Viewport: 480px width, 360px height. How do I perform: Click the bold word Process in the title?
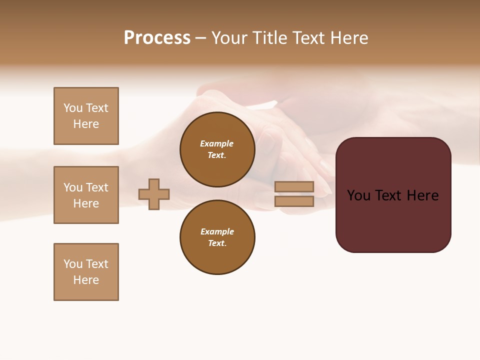pyautogui.click(x=157, y=38)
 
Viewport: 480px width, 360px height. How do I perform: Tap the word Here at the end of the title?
pyautogui.click(x=348, y=38)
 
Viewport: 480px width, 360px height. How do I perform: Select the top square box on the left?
pyautogui.click(x=86, y=116)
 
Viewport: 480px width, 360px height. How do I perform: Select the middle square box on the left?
pyautogui.click(x=86, y=195)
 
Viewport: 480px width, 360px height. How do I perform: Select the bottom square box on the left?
pyautogui.click(x=86, y=272)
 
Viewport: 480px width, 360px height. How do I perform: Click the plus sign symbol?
pyautogui.click(x=154, y=194)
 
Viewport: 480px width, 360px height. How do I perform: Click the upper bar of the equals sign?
pyautogui.click(x=294, y=186)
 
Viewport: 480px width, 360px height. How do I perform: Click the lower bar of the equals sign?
pyautogui.click(x=294, y=201)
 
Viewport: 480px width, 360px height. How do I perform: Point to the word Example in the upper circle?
pyautogui.click(x=217, y=143)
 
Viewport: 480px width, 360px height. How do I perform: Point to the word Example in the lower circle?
pyautogui.click(x=217, y=231)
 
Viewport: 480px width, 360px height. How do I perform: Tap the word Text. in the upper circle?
pyautogui.click(x=217, y=155)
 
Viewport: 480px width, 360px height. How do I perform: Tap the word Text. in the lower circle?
pyautogui.click(x=217, y=243)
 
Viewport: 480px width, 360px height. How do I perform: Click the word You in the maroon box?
pyautogui.click(x=358, y=195)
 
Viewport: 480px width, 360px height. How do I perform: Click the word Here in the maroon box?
pyautogui.click(x=422, y=195)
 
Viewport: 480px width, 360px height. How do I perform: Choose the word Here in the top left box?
pyautogui.click(x=86, y=124)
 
